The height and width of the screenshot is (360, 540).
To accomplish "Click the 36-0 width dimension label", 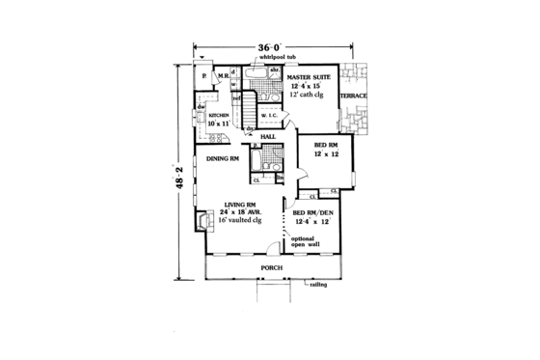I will pos(269,46).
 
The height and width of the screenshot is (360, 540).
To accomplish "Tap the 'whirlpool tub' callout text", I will pos(267,60).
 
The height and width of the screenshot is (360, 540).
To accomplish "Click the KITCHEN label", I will pos(217,115).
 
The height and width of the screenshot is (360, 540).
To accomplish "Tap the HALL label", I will pos(269,137).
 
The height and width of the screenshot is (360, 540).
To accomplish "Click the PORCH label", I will pos(268,265).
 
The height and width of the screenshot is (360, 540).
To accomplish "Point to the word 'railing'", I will pos(319,287).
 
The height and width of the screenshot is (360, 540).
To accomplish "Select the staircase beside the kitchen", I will pos(249,104).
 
